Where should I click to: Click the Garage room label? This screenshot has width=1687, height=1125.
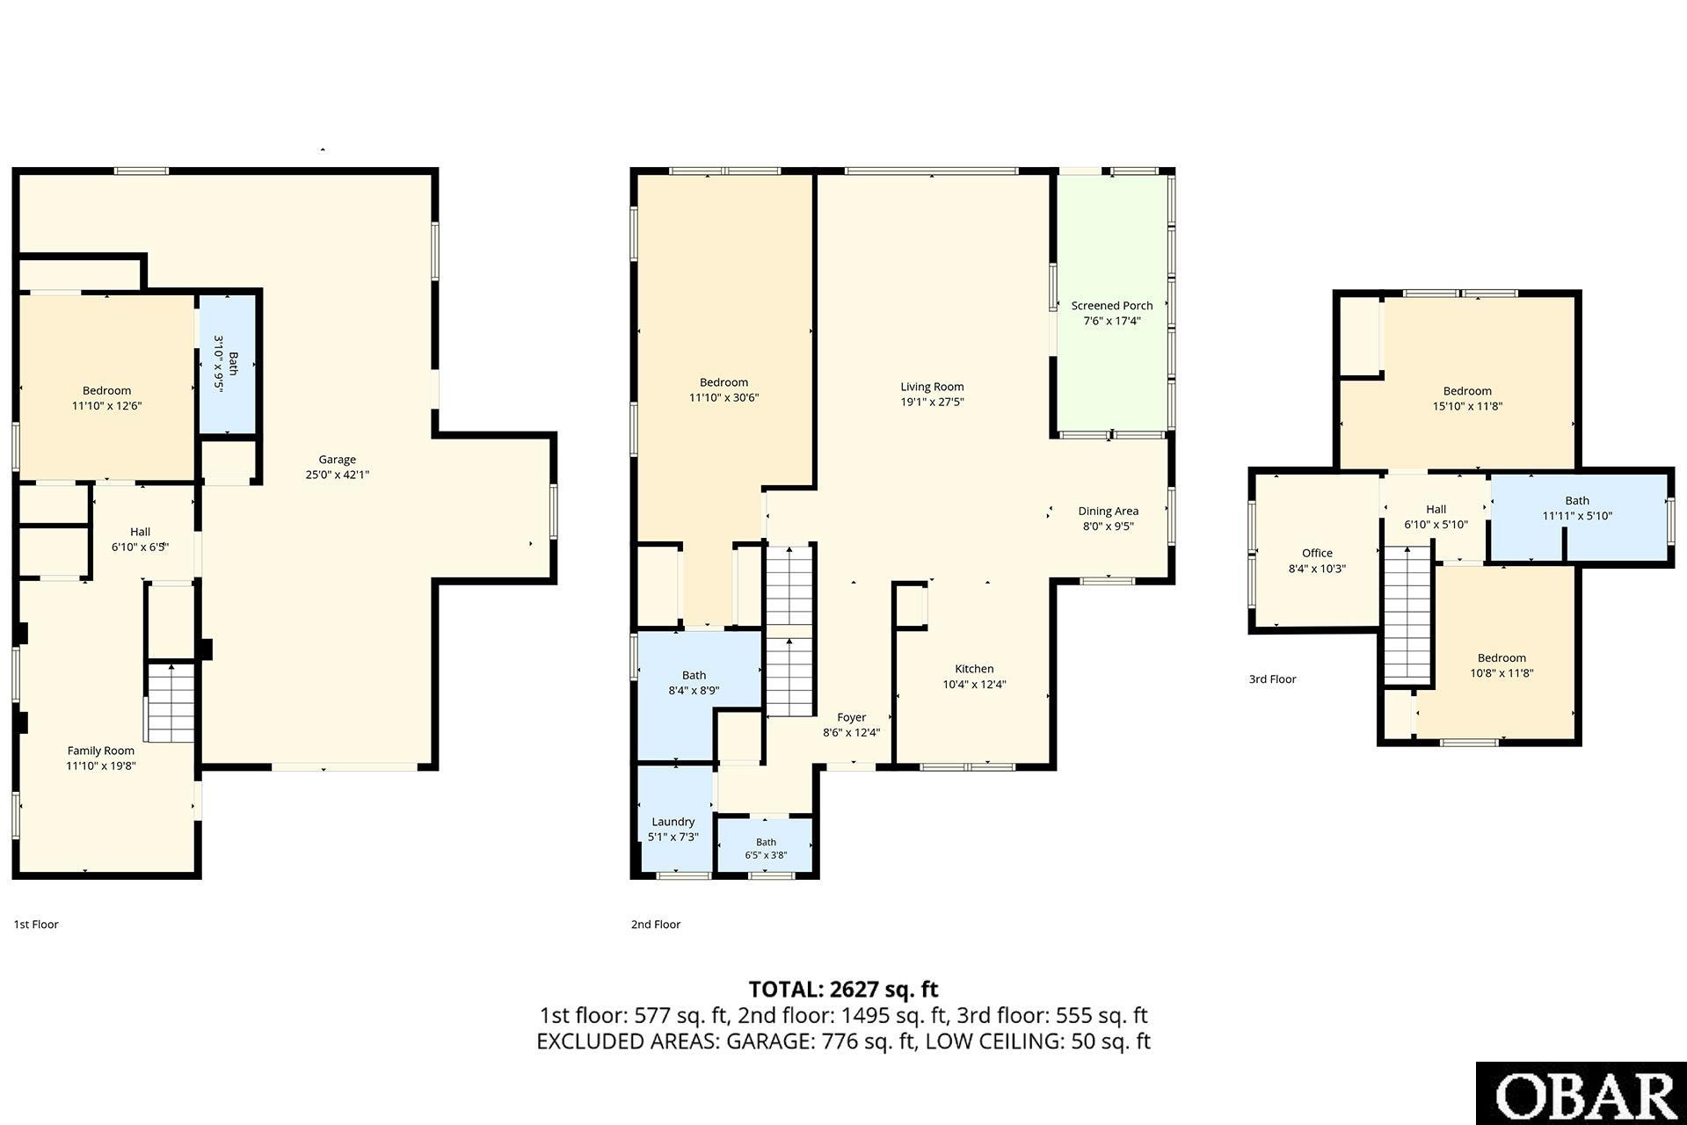coord(337,460)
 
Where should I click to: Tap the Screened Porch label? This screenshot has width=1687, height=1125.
coord(1112,306)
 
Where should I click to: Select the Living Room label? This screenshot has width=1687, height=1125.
coord(932,387)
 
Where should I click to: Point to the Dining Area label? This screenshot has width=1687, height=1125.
coord(1108,511)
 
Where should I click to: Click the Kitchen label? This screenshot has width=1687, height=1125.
coord(974,669)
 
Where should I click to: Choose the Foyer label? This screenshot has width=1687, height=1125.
coord(851,717)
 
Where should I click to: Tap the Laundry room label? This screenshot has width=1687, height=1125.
coord(673,822)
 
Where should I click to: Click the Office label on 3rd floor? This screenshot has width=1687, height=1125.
coord(1317,553)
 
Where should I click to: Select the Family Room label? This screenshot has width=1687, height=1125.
coord(101,751)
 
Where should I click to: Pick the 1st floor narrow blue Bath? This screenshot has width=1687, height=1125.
coord(228,363)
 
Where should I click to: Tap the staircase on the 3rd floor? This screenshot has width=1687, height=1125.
coord(1409,614)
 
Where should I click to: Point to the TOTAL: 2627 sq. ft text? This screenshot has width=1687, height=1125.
coord(843,990)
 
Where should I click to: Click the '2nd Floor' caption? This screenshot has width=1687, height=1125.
coord(656,924)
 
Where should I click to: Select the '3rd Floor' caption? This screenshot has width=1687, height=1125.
coord(1273,679)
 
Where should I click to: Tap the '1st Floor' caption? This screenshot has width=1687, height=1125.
coord(36,924)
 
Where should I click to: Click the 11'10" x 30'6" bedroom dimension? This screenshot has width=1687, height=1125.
coord(724,397)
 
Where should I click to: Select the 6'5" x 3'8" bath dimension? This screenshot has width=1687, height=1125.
coord(766,855)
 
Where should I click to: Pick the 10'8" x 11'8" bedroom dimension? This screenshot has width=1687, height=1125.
coord(1502,673)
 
